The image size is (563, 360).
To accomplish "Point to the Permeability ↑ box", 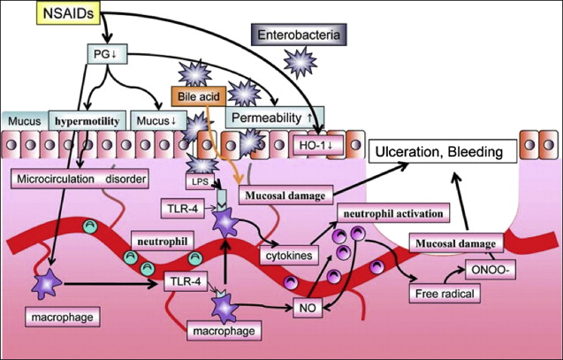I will [275, 117].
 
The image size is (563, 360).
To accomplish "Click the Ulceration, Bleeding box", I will [441, 151].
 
